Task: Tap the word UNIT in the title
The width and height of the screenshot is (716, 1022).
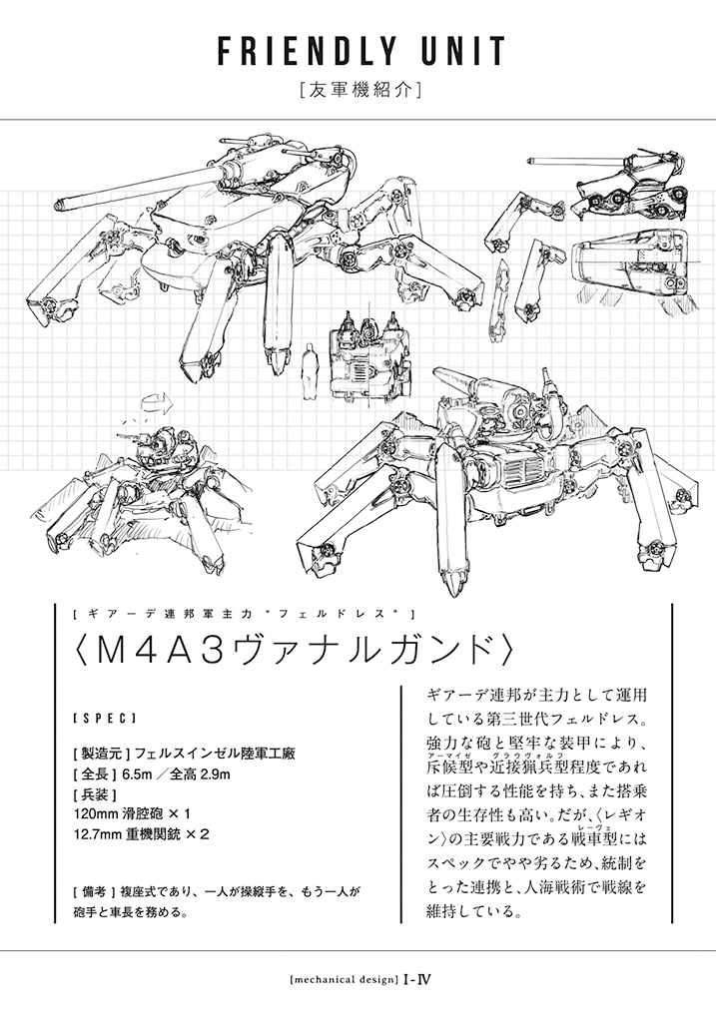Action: (x=457, y=51)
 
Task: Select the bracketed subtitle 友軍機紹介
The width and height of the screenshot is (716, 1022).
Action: (x=358, y=90)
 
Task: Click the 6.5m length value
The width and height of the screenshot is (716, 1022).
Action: (x=136, y=774)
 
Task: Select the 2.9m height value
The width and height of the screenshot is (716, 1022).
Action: (x=215, y=774)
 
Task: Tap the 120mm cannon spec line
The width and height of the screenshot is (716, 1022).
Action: (x=133, y=814)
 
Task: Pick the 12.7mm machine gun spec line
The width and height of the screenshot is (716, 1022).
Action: (x=142, y=834)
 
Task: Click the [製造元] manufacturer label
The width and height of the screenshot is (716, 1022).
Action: (x=102, y=755)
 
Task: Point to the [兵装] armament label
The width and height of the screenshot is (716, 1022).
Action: (x=95, y=794)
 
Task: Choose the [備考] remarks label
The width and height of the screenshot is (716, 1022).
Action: (x=95, y=891)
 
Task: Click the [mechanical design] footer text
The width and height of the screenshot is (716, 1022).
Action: (x=344, y=978)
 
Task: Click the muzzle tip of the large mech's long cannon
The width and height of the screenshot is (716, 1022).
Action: (x=59, y=205)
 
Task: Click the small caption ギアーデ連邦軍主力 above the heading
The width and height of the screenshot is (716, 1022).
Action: (x=170, y=614)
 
